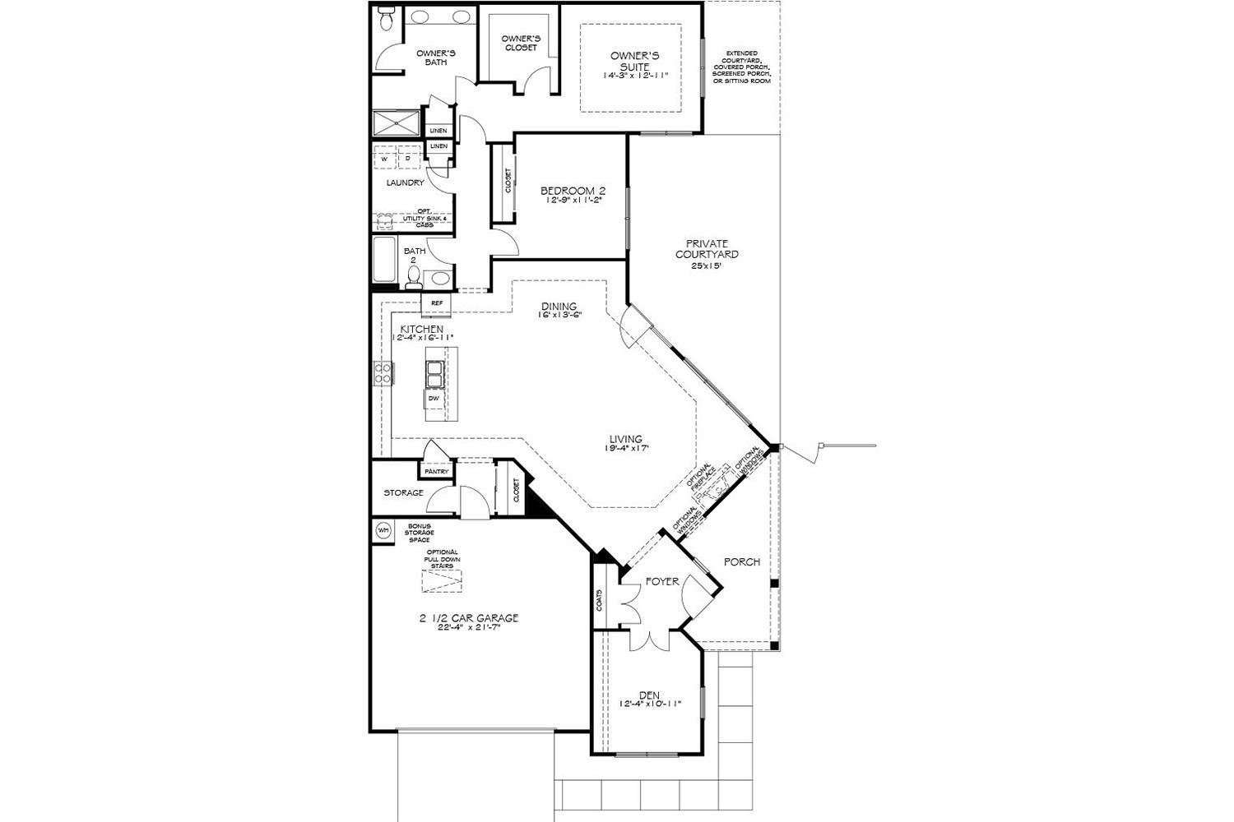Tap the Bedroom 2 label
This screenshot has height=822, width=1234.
573,191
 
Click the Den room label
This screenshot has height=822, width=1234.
649,695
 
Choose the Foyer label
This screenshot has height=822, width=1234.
662,581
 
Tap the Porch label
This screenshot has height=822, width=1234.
741,562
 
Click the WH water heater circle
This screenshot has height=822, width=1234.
383,530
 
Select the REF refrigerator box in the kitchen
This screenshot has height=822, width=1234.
436,303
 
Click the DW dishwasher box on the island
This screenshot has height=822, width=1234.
434,399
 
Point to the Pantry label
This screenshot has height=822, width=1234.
437,472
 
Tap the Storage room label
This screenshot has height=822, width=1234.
403,493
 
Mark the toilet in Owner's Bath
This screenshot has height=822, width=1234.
386,21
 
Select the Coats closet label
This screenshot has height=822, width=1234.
600,600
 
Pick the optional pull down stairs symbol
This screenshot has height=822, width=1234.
443,582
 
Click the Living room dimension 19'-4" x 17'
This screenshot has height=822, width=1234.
626,448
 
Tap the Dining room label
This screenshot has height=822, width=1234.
559,307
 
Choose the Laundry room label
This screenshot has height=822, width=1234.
405,182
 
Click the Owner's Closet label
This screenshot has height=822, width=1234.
520,43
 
